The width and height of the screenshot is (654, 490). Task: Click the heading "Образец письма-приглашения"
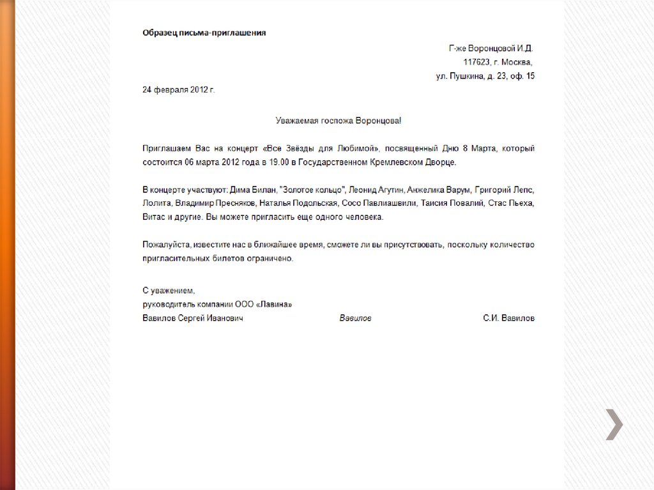204,33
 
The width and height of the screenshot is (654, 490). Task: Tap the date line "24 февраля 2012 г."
179,90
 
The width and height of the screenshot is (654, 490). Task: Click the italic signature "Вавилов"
355,318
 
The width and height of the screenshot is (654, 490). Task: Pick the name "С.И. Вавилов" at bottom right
509,318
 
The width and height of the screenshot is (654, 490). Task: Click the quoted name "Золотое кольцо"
312,190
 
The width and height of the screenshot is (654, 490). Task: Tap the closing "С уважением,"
164,291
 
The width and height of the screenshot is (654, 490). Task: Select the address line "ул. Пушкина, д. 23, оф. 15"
485,77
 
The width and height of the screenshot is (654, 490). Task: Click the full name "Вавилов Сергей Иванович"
192,318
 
